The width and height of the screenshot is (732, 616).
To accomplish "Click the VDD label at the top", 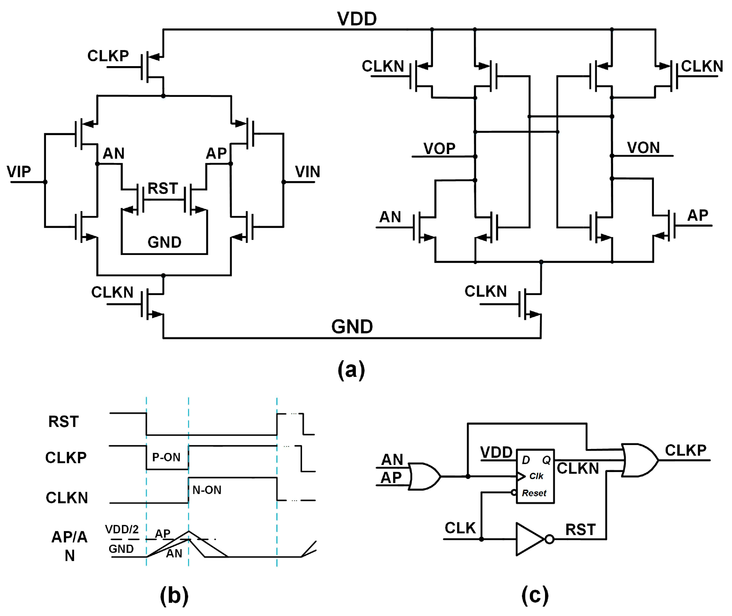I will click(357, 19).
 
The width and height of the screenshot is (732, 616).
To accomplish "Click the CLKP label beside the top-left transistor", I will click(108, 56).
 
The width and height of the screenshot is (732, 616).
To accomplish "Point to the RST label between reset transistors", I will click(163, 189).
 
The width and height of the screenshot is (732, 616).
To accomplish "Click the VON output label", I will click(643, 148).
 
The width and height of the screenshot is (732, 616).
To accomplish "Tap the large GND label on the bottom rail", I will click(352, 327).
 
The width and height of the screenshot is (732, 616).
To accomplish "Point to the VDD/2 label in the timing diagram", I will click(122, 530).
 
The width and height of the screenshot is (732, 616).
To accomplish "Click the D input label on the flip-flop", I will click(526, 460).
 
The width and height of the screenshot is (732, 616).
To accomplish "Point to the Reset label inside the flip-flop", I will click(534, 493).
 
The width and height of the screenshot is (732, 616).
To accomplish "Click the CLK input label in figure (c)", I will click(460, 528).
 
